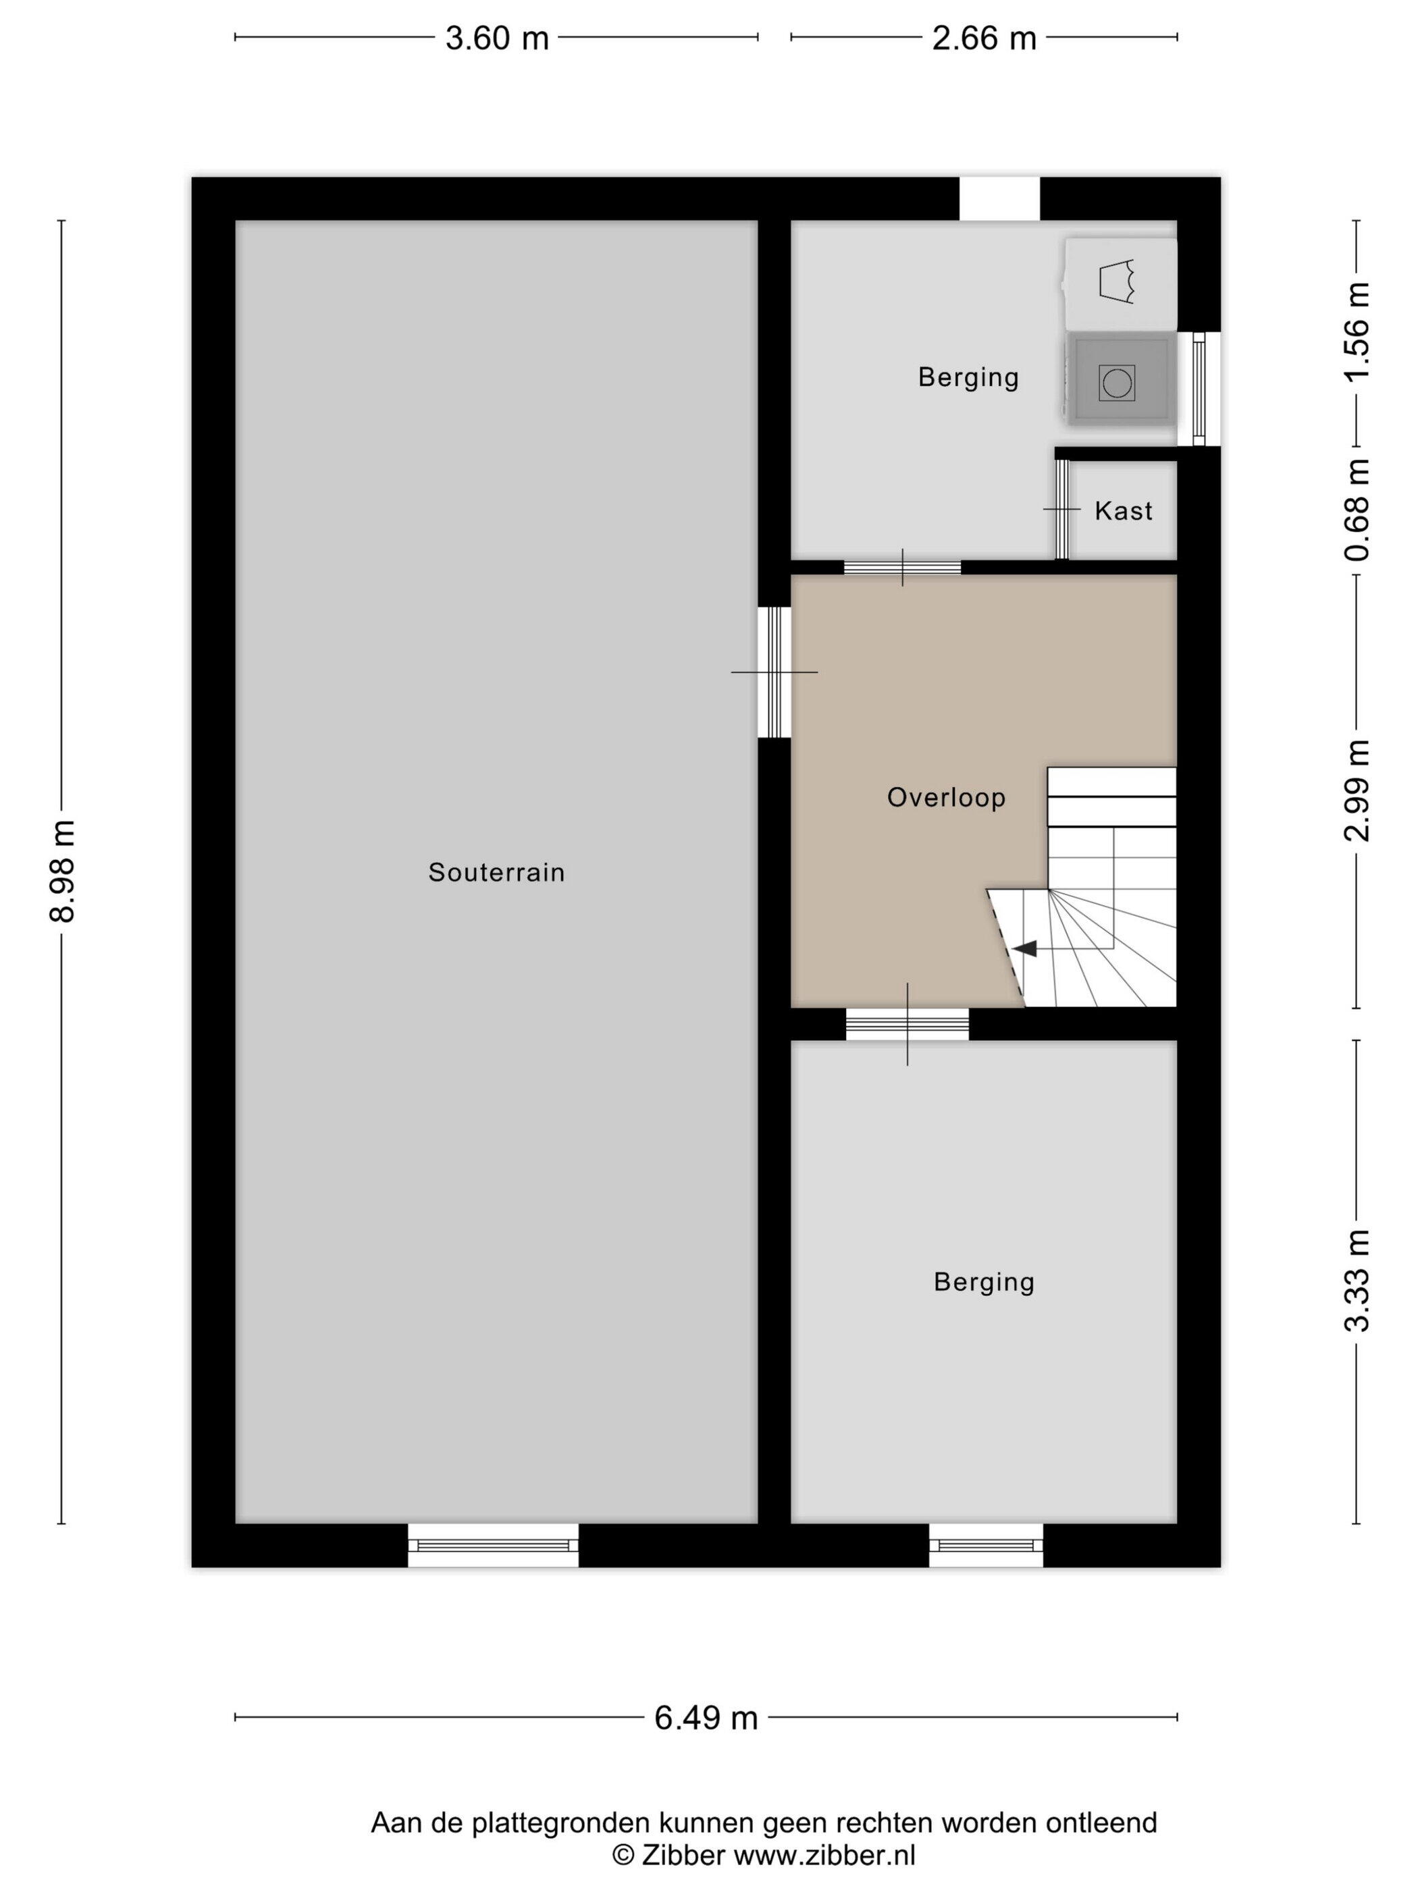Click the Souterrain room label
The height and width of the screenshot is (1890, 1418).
click(x=496, y=872)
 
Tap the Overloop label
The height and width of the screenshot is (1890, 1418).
click(x=946, y=797)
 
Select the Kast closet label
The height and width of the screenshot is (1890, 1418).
click(x=1123, y=511)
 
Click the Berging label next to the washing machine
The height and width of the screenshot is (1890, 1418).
click(x=968, y=377)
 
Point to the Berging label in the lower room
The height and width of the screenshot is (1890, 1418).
click(x=984, y=1282)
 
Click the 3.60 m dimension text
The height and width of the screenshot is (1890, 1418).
click(x=496, y=38)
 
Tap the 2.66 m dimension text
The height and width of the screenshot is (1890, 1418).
click(x=984, y=38)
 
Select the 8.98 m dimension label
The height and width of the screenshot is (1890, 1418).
click(x=62, y=871)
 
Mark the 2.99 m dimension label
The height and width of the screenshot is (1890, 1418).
click(x=1357, y=790)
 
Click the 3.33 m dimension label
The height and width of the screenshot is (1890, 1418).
click(x=1357, y=1280)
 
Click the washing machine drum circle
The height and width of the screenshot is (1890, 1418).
click(x=1116, y=382)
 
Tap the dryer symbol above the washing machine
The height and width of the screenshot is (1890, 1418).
click(x=1116, y=281)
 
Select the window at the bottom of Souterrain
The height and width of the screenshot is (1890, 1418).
click(x=493, y=1545)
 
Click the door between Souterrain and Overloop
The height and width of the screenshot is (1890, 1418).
click(x=774, y=672)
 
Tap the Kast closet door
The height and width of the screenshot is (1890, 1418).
click(x=1061, y=509)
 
